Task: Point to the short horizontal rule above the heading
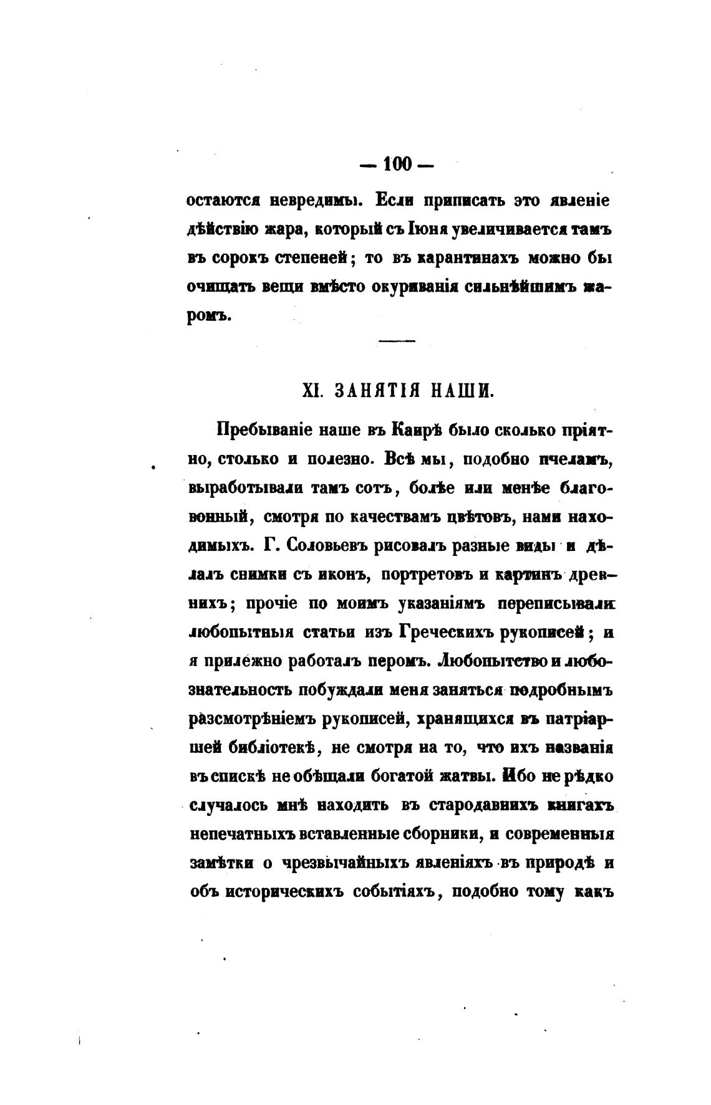pyautogui.click(x=397, y=341)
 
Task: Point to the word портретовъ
pyautogui.click(x=425, y=575)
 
